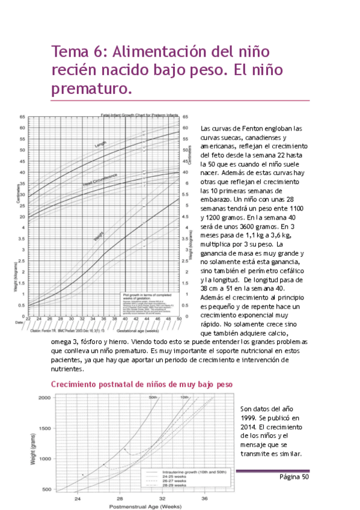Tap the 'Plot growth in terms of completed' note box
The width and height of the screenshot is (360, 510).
pyautogui.click(x=147, y=296)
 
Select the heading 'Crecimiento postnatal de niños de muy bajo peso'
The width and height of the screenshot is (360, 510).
pyautogui.click(x=141, y=384)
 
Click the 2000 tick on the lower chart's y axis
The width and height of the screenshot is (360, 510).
pyautogui.click(x=43, y=398)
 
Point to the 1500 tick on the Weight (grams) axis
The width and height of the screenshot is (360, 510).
pyautogui.click(x=43, y=429)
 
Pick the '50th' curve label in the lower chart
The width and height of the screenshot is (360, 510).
pyautogui.click(x=153, y=398)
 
